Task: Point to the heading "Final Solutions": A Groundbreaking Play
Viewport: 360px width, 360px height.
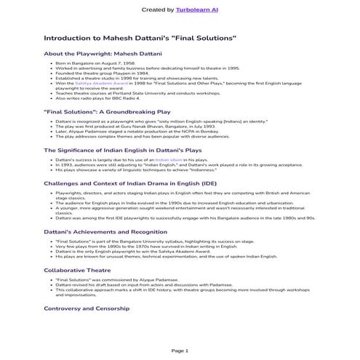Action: coord(108,111)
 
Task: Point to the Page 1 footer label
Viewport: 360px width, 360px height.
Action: coord(180,351)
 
